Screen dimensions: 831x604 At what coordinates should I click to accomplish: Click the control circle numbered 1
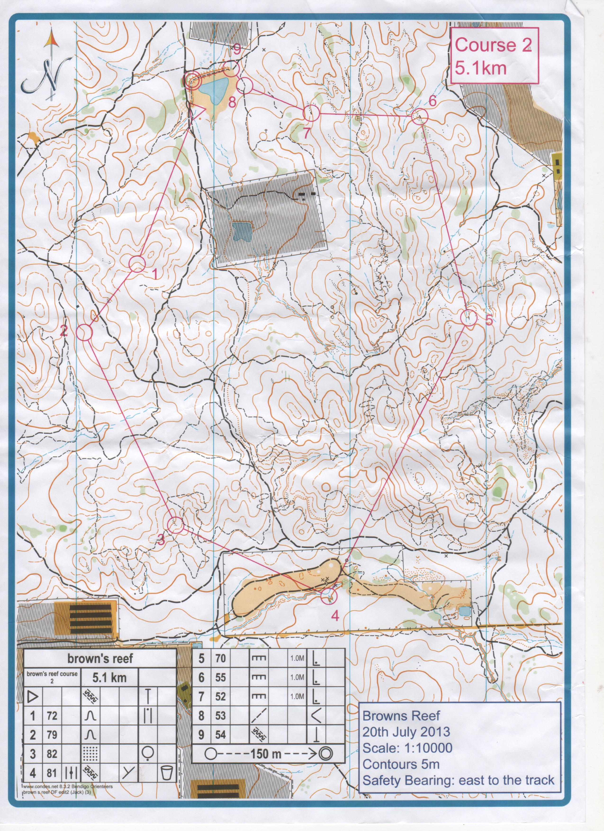[137, 264]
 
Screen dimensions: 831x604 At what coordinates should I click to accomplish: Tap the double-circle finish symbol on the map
[192, 80]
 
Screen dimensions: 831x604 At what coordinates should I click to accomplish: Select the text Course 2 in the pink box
[493, 45]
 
